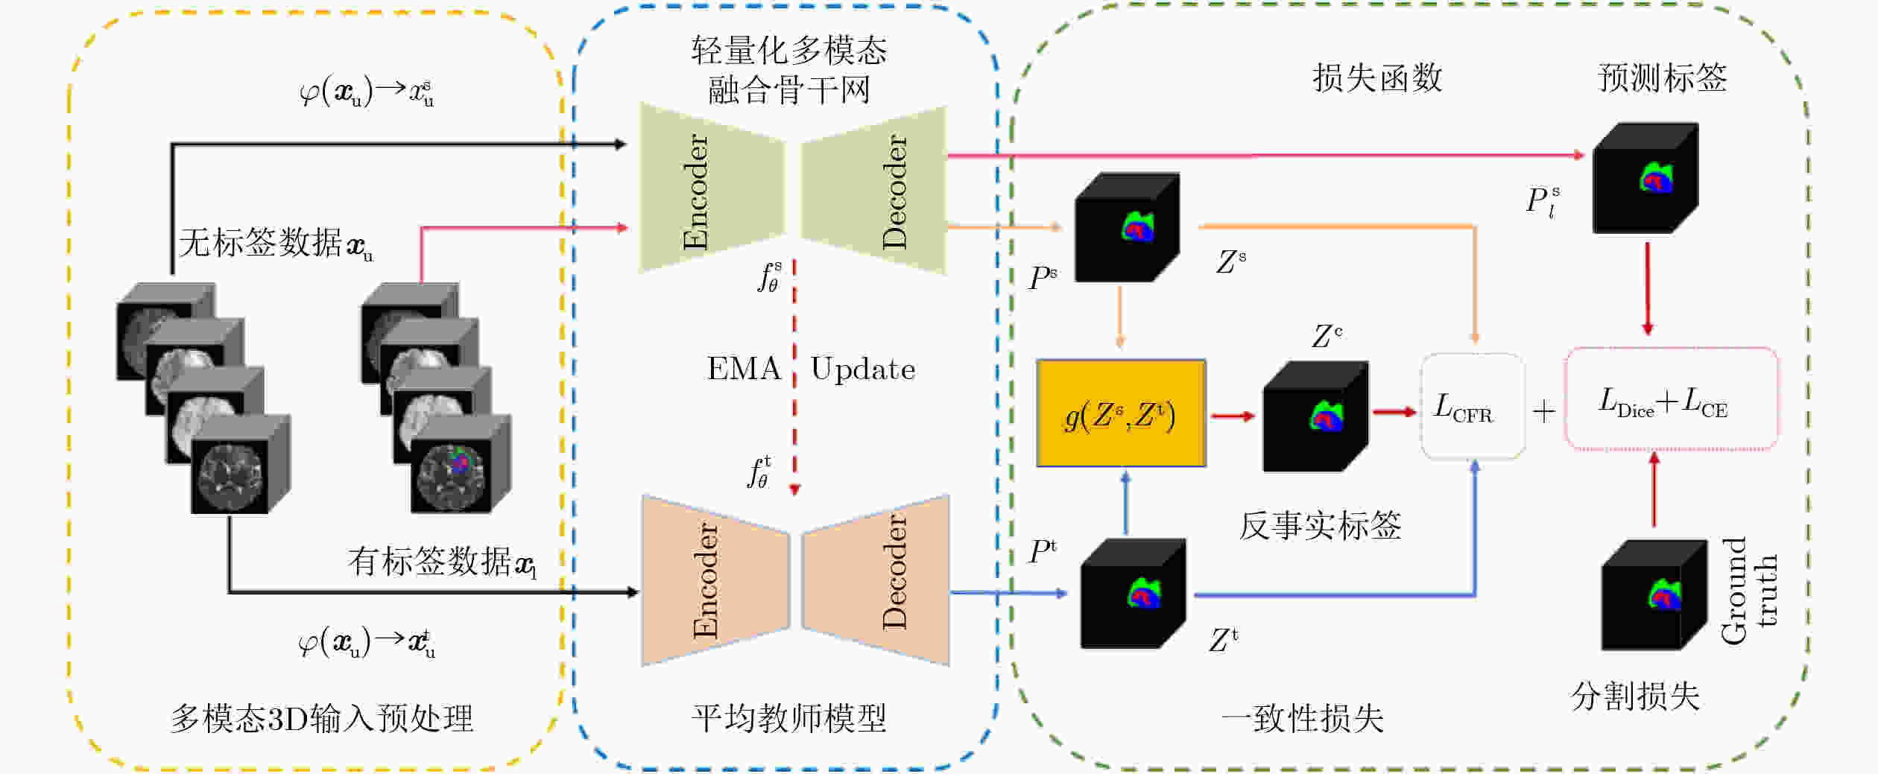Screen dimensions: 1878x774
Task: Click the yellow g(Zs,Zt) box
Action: pos(1121,413)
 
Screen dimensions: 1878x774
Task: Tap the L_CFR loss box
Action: pos(1472,406)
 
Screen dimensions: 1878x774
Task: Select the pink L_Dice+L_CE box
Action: pos(1672,399)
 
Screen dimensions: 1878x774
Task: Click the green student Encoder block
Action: pos(712,188)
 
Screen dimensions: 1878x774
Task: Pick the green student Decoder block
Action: pos(873,191)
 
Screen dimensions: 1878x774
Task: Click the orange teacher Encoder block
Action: pos(715,580)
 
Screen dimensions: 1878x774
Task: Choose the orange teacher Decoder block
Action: pos(876,580)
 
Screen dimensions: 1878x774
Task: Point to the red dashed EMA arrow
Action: pos(794,378)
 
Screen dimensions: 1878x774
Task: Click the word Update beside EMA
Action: pos(863,369)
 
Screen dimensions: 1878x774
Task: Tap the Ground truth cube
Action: pos(1654,594)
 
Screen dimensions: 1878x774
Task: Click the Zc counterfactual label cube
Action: pos(1315,416)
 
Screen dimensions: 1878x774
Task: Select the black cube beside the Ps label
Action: pos(1127,227)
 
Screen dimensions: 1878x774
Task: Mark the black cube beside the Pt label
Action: pos(1133,594)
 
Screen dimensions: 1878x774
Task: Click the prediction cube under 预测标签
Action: pos(1645,178)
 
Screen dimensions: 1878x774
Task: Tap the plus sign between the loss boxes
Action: pos(1544,410)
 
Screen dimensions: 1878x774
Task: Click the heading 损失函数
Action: pos(1377,78)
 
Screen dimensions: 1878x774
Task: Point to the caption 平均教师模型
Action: pos(788,718)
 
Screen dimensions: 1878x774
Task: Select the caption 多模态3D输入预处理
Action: pos(322,718)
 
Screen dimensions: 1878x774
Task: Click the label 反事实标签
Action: pos(1320,526)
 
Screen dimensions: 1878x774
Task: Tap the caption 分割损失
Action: pos(1635,697)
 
